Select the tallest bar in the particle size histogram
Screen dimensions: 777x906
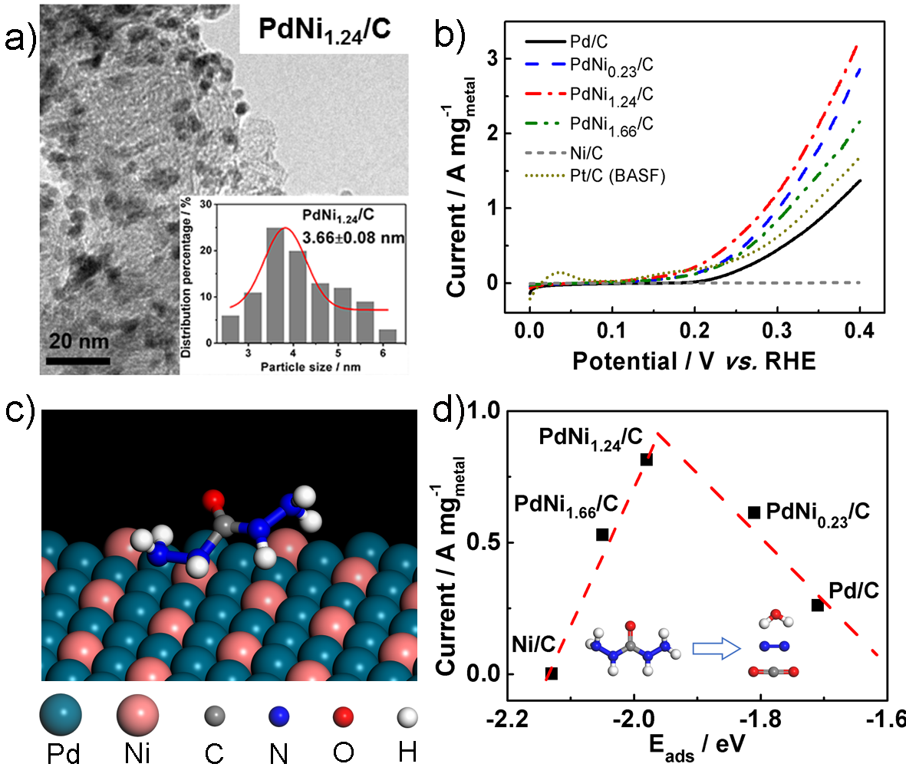point(275,285)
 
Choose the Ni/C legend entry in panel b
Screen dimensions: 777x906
point(586,153)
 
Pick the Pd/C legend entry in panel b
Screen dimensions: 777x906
point(589,41)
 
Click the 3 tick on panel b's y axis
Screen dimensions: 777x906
point(493,58)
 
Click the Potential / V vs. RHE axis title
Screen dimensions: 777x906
point(694,361)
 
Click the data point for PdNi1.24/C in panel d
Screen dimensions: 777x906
point(646,459)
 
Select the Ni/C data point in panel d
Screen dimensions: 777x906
point(551,673)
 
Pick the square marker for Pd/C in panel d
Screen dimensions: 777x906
point(817,605)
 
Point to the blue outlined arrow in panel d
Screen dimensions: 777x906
point(716,649)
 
